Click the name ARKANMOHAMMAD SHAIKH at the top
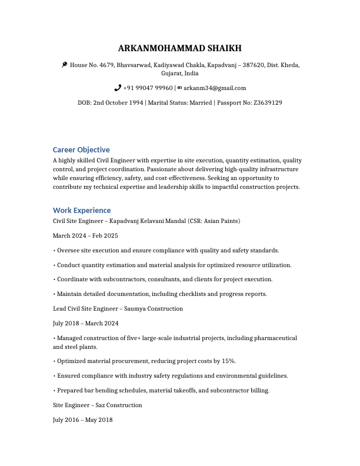click(x=180, y=48)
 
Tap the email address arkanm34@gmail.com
click(x=215, y=88)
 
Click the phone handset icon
click(x=118, y=88)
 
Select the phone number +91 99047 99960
click(x=148, y=88)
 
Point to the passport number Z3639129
click(x=268, y=103)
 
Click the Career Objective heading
click(x=81, y=150)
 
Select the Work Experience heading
click(x=82, y=210)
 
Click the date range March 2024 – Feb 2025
click(x=85, y=236)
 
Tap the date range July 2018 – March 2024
click(x=86, y=323)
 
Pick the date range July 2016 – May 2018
click(x=82, y=420)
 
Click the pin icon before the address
click(x=64, y=65)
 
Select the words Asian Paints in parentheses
click(x=220, y=221)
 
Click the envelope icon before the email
click(x=179, y=88)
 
